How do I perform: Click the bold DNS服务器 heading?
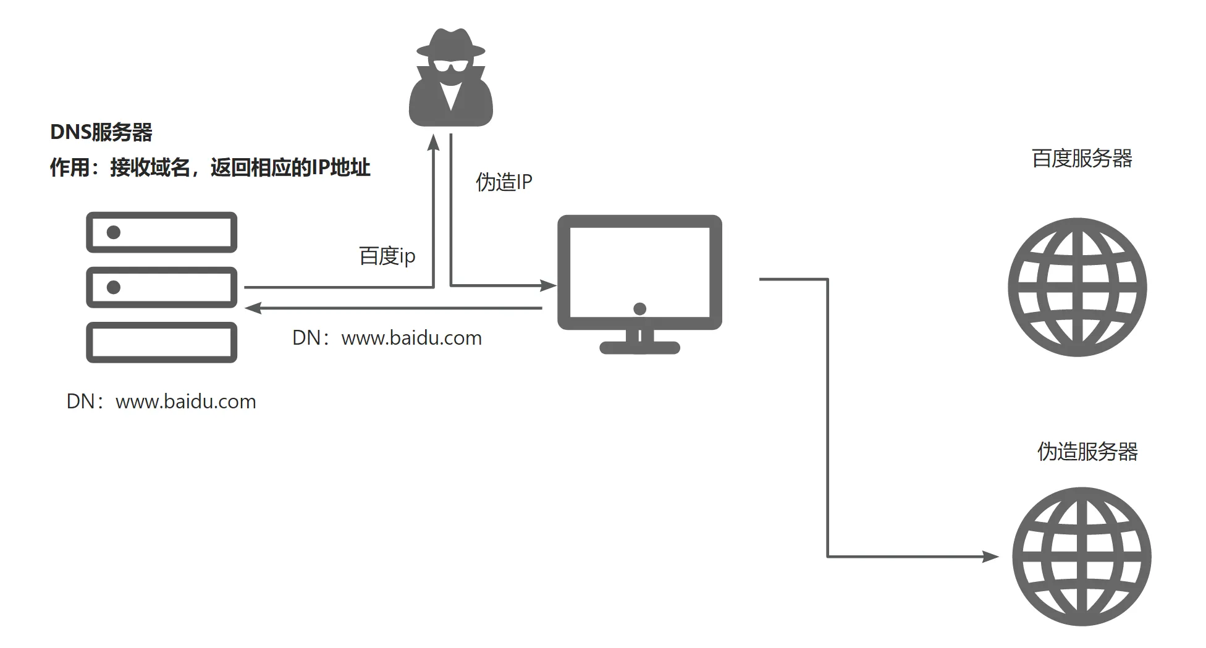pos(101,132)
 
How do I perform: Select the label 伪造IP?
pos(504,182)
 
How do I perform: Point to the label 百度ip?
pos(387,256)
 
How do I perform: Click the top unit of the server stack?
pos(161,232)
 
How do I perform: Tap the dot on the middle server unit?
pos(114,287)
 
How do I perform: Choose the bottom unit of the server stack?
pos(161,342)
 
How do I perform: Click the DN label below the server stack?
pos(161,402)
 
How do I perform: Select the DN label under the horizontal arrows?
pos(387,338)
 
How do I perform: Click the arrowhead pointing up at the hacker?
pos(434,143)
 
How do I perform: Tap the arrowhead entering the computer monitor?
pos(548,285)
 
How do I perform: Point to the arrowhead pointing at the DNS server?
pos(253,308)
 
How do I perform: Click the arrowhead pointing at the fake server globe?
pos(990,557)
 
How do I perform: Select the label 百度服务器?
pos(1081,159)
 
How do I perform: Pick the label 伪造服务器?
pos(1087,452)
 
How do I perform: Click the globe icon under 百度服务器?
pos(1077,287)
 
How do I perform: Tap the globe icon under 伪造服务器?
pos(1081,557)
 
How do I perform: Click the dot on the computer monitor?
pos(640,308)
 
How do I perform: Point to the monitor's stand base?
pos(640,348)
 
